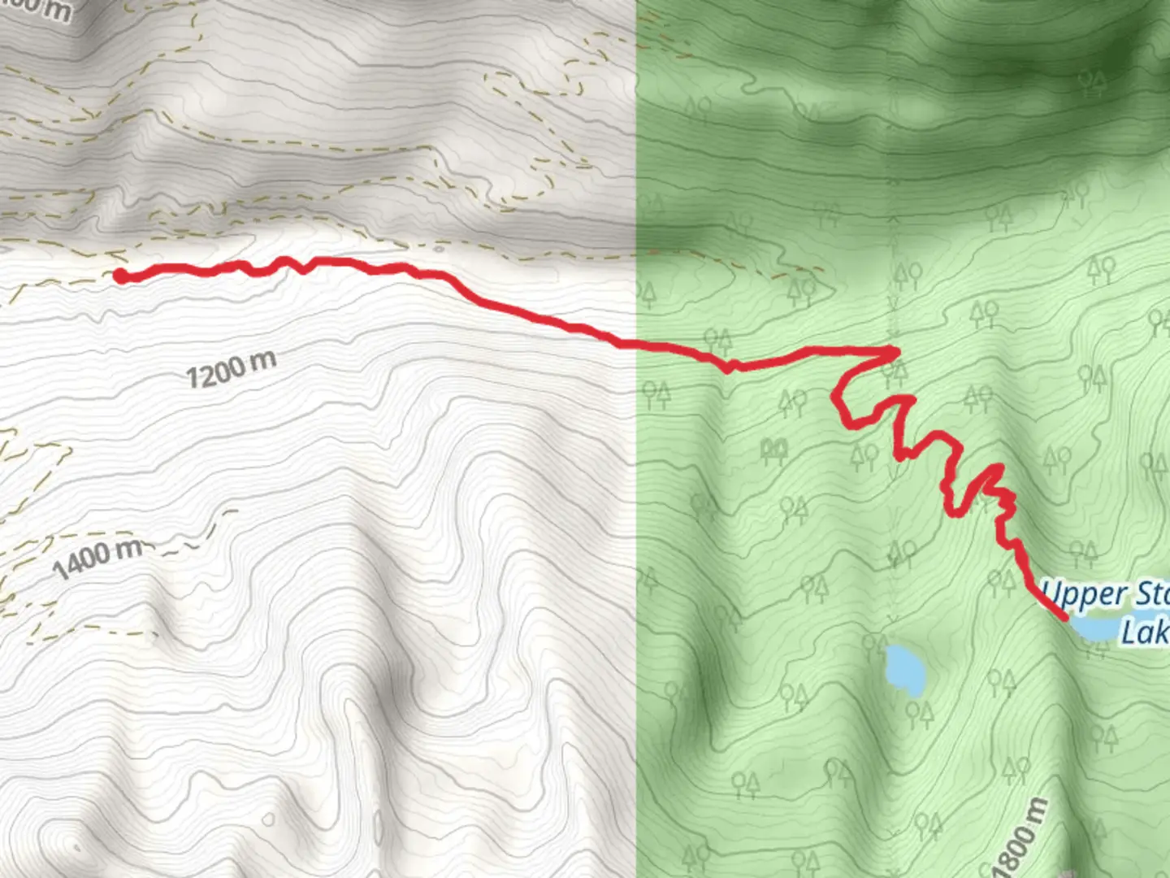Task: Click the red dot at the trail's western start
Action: point(120,276)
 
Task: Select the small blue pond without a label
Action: point(903,670)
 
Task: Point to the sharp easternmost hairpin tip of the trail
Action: point(895,352)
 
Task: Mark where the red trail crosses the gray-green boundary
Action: point(635,346)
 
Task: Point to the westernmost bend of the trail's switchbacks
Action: point(837,398)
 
